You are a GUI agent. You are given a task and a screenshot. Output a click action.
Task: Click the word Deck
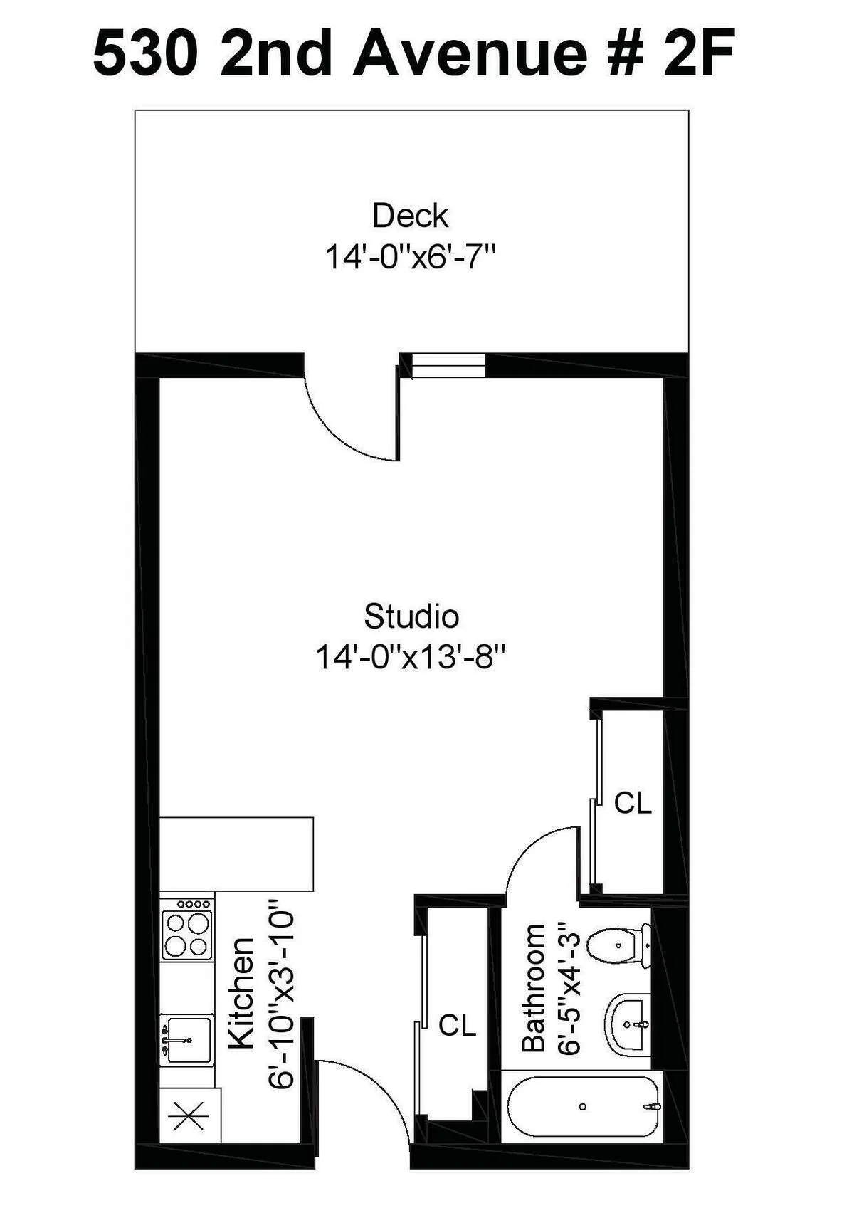[x=410, y=216]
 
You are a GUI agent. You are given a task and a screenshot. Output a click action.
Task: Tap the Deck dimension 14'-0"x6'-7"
[x=410, y=256]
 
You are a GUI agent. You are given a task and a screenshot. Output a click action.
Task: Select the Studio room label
[x=411, y=616]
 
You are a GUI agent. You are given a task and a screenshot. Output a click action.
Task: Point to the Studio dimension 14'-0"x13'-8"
[x=411, y=657]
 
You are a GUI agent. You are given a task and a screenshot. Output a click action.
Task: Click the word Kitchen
[x=241, y=993]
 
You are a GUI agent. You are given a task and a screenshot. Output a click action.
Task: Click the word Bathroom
[x=534, y=987]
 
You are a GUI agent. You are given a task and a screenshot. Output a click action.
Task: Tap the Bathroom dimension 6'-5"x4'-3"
[x=570, y=988]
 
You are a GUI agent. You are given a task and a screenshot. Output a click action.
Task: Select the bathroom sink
[x=628, y=1024]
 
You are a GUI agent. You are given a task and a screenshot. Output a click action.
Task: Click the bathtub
[x=583, y=1106]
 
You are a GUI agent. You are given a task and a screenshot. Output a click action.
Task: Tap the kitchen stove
[x=187, y=930]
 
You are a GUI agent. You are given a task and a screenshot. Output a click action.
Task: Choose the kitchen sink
[x=186, y=1039]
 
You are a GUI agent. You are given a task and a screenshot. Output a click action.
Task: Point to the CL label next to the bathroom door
[x=633, y=803]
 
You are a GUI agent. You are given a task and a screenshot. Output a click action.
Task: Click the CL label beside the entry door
[x=457, y=1025]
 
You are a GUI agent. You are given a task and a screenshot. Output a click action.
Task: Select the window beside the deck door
[x=448, y=365]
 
